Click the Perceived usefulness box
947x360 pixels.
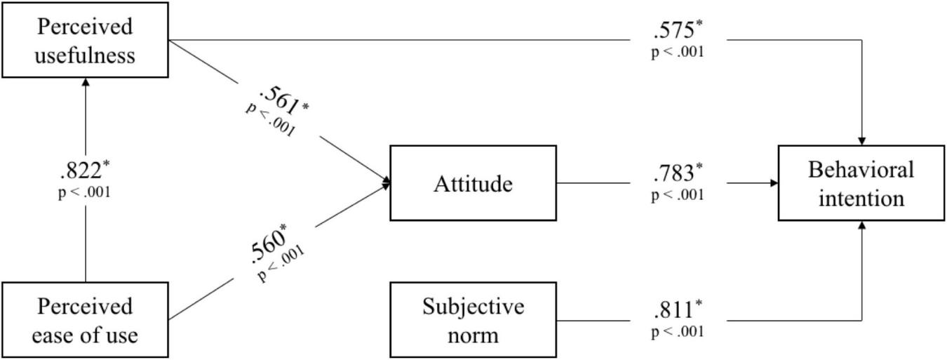click(x=85, y=40)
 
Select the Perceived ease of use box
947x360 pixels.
click(x=85, y=320)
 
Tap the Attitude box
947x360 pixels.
click(x=473, y=183)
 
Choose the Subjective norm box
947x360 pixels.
click(x=473, y=320)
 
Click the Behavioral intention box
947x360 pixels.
click(x=861, y=183)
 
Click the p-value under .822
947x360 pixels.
click(x=84, y=192)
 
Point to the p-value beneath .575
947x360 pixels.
click(x=678, y=51)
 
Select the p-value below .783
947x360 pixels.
click(x=678, y=194)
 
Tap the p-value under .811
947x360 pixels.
click(x=678, y=331)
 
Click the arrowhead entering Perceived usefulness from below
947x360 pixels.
click(x=86, y=81)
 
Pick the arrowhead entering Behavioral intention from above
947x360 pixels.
click(x=861, y=141)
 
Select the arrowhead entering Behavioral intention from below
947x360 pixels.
click(x=861, y=225)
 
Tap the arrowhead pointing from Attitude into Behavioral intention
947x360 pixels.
click(x=774, y=183)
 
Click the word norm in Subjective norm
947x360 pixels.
click(x=473, y=334)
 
